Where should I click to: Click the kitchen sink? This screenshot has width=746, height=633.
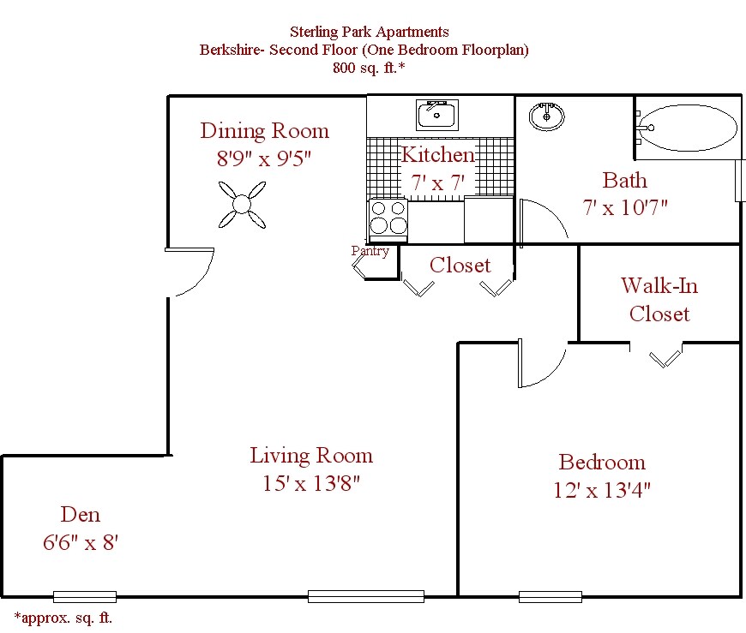[x=437, y=114]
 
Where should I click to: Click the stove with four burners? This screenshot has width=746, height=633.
[x=388, y=218]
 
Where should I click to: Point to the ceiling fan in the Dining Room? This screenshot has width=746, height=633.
[x=242, y=205]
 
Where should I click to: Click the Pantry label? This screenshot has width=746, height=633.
[x=370, y=251]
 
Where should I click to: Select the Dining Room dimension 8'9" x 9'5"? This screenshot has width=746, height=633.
[x=264, y=158]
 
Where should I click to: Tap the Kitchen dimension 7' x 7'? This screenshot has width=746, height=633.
[x=437, y=182]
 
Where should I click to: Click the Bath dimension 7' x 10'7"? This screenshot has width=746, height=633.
[x=624, y=207]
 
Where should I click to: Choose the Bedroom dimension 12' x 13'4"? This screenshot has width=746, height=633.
[x=602, y=491]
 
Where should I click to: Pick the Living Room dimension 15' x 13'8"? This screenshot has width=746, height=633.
[x=311, y=483]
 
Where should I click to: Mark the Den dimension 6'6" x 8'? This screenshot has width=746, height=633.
[x=81, y=542]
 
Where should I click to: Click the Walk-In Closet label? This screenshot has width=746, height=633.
[x=659, y=299]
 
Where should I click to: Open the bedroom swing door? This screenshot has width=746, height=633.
[x=540, y=363]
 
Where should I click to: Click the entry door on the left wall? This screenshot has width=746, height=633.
[x=189, y=272]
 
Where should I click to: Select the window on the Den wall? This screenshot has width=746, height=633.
[x=84, y=596]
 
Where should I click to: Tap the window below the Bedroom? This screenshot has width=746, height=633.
[x=550, y=596]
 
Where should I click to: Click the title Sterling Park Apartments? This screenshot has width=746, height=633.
[x=369, y=33]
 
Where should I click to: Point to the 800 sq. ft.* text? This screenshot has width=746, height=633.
[x=369, y=68]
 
